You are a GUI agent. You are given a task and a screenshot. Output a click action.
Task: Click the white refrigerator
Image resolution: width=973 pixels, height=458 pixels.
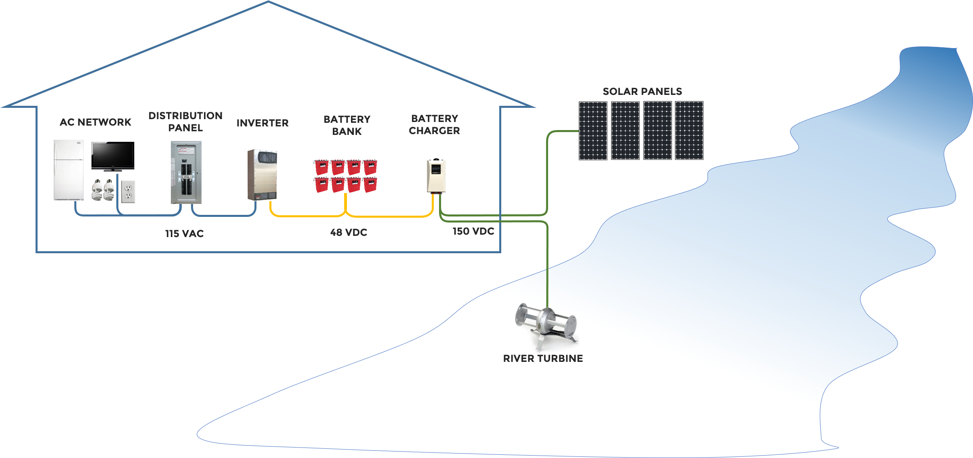point(69,170)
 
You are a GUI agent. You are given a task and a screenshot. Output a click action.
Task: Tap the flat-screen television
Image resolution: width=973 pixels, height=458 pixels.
point(113,156)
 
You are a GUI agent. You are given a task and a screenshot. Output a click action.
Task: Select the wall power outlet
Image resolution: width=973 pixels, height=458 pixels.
point(128,191)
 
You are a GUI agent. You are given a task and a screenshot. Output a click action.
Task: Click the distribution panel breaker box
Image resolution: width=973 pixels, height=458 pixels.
point(186,172)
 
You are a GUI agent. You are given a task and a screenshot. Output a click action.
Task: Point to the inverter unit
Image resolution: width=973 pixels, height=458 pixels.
point(261,174)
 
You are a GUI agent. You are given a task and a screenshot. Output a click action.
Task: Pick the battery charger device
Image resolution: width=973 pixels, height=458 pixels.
point(436,176)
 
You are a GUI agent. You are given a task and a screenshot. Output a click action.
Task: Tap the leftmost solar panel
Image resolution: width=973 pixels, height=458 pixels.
point(593,130)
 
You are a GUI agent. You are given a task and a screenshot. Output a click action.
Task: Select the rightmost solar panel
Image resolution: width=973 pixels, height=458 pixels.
point(689,130)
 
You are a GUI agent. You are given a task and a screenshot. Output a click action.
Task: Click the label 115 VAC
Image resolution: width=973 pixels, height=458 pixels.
point(184,233)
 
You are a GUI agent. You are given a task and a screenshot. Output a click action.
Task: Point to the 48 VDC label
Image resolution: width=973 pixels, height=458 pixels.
point(349,232)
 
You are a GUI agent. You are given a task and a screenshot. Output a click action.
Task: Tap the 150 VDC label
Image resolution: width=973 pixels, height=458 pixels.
point(473,231)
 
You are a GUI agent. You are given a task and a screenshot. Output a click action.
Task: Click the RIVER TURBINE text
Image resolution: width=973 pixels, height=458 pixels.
point(543,358)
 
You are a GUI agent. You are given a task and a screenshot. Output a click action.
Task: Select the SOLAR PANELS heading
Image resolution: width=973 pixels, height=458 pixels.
point(642,91)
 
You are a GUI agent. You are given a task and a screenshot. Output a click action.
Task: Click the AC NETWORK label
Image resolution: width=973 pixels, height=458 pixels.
point(95,122)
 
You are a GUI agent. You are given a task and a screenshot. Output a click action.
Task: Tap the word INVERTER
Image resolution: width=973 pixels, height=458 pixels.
point(263,123)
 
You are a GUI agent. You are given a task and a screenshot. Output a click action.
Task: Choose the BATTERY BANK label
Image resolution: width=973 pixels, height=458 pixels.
point(347,125)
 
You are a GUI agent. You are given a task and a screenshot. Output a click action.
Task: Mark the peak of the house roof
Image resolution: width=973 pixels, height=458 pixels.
point(268,2)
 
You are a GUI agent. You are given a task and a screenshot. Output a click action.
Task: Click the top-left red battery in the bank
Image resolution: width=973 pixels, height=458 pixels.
point(322,167)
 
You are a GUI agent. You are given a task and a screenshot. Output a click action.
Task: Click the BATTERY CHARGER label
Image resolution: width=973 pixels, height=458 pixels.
point(435,124)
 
